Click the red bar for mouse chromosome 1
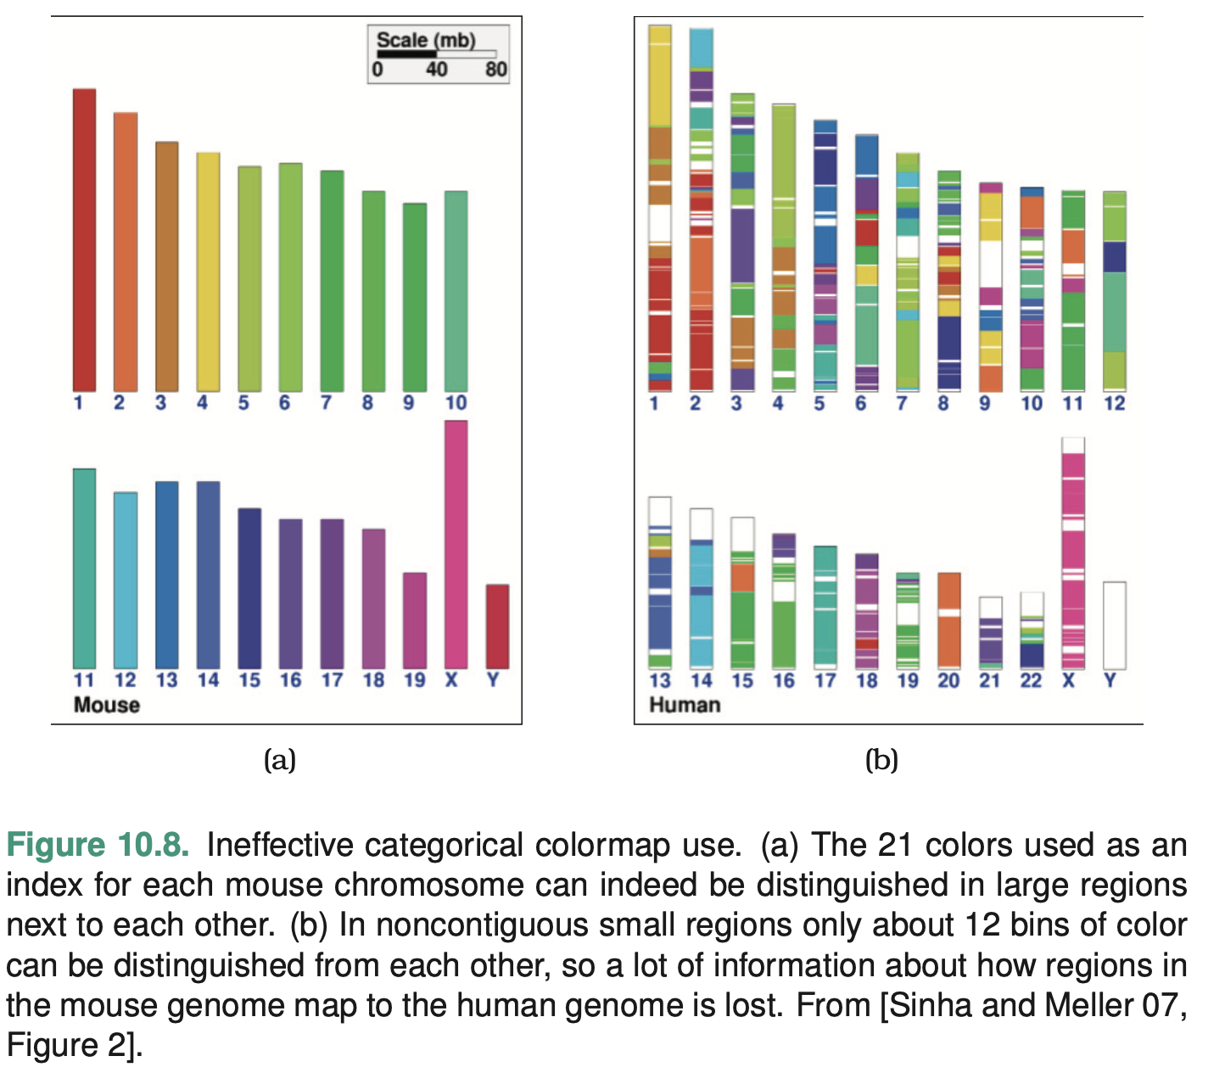tap(84, 240)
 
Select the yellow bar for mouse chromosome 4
tap(208, 271)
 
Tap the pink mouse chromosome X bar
tap(456, 544)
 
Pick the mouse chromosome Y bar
tap(497, 626)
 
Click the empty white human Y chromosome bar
tap(1114, 625)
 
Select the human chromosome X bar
tap(1073, 553)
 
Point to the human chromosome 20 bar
tap(948, 620)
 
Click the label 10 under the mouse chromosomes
tap(456, 403)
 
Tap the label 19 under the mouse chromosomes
tap(414, 680)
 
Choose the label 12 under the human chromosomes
tap(1114, 404)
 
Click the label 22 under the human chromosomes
tap(1031, 680)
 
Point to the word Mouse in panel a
tap(106, 705)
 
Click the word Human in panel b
tap(684, 705)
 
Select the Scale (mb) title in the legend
tap(426, 40)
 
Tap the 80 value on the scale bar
tap(495, 70)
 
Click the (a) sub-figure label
tap(280, 759)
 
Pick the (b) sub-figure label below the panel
tap(881, 759)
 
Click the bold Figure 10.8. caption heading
tap(98, 846)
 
